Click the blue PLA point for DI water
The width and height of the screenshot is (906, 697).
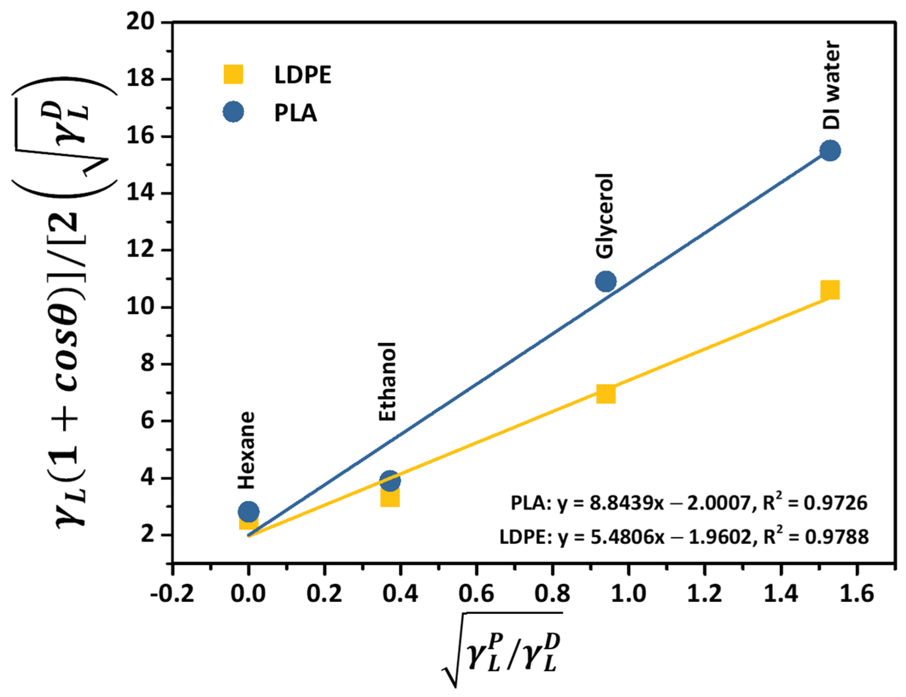(x=830, y=151)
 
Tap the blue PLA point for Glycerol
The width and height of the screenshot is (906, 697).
(x=606, y=282)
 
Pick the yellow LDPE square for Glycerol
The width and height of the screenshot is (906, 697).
(x=606, y=394)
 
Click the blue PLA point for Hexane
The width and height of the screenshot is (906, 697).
(x=248, y=511)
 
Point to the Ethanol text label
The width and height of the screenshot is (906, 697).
(x=388, y=382)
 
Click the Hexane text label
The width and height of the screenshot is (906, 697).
(x=246, y=450)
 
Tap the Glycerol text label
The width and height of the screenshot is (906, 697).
(x=605, y=216)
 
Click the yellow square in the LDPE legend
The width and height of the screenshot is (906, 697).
(x=233, y=75)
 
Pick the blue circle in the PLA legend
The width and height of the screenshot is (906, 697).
(x=233, y=112)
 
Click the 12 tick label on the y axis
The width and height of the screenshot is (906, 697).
(x=141, y=250)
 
